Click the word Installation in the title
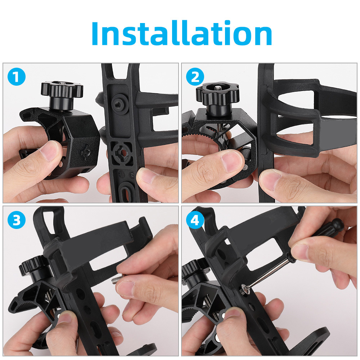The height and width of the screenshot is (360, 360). click(x=181, y=33)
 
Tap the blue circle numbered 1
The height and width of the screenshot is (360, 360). click(x=16, y=77)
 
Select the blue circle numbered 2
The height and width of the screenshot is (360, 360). click(x=195, y=77)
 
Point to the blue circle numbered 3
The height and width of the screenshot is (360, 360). click(x=16, y=220)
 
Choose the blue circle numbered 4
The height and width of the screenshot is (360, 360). click(x=195, y=220)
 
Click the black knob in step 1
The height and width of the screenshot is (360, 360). click(x=62, y=94)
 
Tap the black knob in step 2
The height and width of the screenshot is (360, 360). click(x=217, y=96)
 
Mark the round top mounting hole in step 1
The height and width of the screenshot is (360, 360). click(x=119, y=104)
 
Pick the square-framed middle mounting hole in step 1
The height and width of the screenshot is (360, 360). click(x=122, y=152)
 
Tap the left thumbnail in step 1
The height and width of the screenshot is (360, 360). click(x=49, y=152)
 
